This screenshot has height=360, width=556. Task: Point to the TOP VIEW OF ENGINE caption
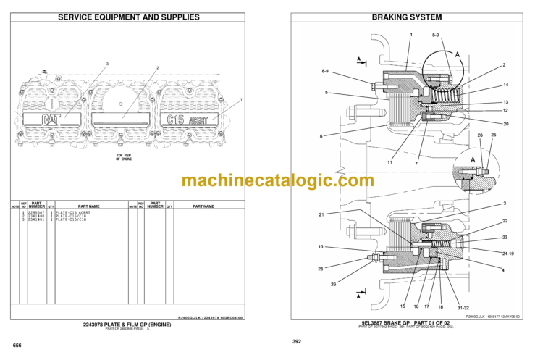pos(128,157)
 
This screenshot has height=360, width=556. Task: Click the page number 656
pos(17,345)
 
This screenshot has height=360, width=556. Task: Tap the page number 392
pos(297,341)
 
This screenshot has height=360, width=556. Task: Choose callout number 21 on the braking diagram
pos(321,214)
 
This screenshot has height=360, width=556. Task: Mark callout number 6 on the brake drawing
pos(321,135)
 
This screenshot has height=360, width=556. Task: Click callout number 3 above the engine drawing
pos(107,64)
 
